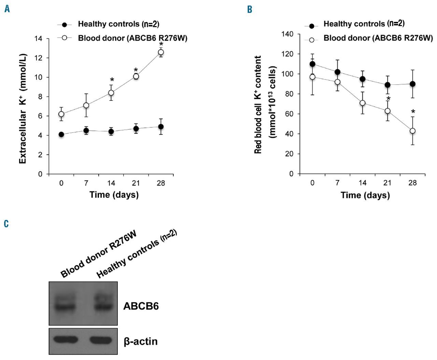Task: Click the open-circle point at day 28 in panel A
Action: [x=161, y=52]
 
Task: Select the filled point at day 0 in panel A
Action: [x=61, y=135]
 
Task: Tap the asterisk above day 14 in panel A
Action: [x=112, y=80]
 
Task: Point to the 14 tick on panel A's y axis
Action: [x=39, y=39]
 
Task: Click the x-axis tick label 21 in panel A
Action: [x=136, y=183]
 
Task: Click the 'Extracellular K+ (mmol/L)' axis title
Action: [x=23, y=109]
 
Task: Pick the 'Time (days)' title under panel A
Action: [x=114, y=195]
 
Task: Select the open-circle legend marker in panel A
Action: [x=64, y=38]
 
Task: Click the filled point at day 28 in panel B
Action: [x=412, y=84]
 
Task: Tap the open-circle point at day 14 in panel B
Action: [x=363, y=103]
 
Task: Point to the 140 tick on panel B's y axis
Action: [x=287, y=34]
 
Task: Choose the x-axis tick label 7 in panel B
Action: [x=337, y=183]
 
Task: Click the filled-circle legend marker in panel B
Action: [x=311, y=26]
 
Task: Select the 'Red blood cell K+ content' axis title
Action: [x=258, y=105]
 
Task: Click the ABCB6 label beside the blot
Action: [x=141, y=306]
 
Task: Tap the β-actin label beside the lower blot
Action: [x=141, y=342]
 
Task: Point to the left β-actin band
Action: [x=66, y=340]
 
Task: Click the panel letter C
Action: [x=6, y=224]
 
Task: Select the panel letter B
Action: [x=250, y=10]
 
